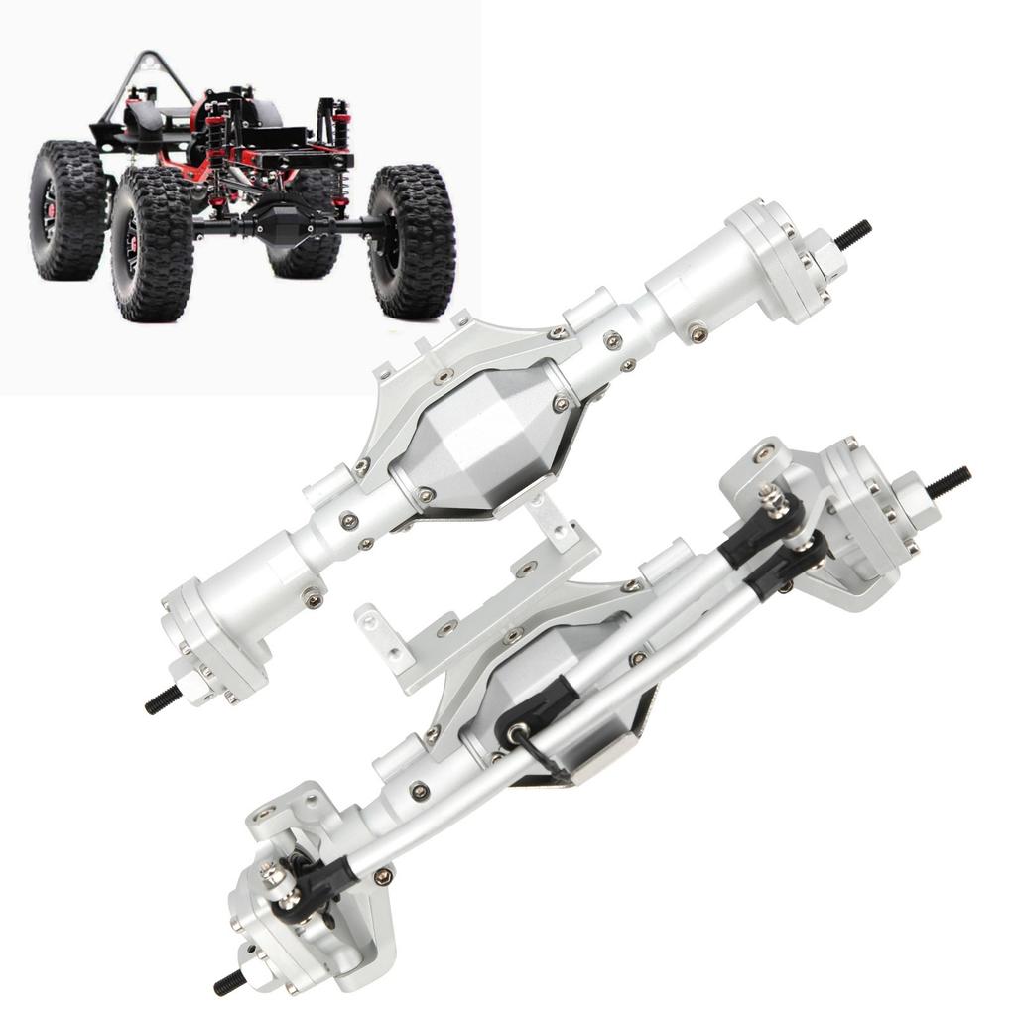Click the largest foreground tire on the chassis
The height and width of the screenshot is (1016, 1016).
pyautogui.click(x=151, y=243)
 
